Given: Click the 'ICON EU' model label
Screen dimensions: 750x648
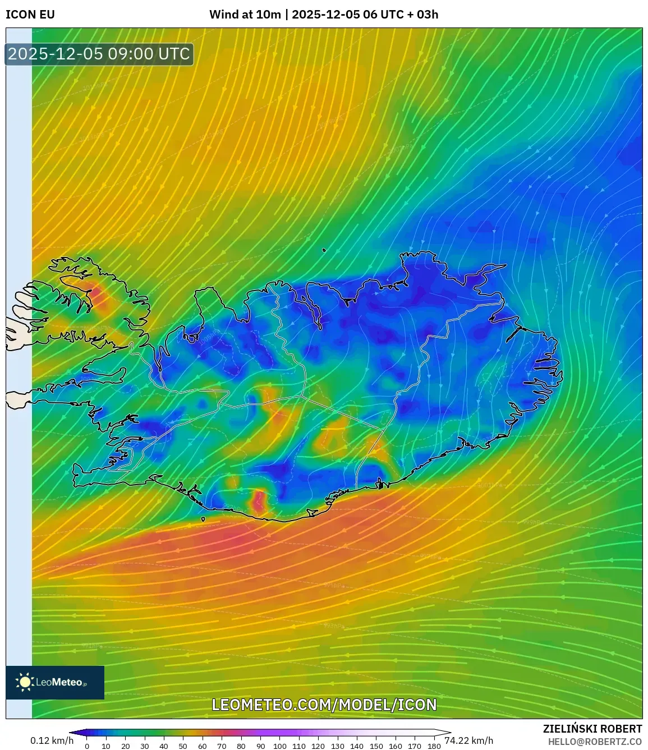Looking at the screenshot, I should [x=30, y=15].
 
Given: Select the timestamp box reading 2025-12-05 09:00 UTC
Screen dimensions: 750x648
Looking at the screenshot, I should [x=99, y=54].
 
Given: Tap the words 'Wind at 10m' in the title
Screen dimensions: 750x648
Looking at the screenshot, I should [x=245, y=15].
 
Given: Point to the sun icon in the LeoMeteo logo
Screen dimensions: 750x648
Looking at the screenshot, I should [x=25, y=682].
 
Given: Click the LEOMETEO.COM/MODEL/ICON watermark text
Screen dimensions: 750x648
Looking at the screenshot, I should [x=324, y=705].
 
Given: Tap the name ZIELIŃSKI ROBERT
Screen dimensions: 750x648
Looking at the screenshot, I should [x=592, y=729].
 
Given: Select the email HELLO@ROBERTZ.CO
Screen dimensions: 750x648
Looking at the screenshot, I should [x=595, y=742].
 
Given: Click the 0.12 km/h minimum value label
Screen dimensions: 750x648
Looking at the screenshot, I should [x=52, y=740].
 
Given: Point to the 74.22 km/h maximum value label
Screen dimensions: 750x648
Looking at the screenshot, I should [x=469, y=740].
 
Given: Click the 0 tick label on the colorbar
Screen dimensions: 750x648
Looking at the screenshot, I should [x=86, y=746].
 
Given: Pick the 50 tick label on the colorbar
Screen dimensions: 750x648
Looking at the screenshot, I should [x=183, y=746].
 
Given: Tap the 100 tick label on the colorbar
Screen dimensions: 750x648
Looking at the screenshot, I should [x=279, y=746].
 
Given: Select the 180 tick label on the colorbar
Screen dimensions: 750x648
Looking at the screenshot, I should [x=434, y=746].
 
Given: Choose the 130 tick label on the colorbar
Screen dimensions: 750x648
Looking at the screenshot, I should [x=337, y=746].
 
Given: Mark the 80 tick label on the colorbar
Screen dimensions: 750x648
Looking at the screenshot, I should [x=241, y=746].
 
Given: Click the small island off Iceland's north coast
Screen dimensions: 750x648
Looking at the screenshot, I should [x=324, y=250].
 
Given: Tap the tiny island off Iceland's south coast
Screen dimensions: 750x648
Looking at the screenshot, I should [x=203, y=519].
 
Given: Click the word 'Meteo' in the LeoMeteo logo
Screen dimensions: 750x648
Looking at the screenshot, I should [x=67, y=682].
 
